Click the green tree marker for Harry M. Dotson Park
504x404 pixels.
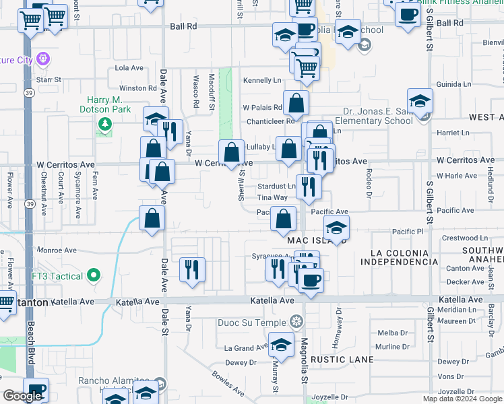click(x=104, y=124)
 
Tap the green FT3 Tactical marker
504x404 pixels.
click(x=94, y=276)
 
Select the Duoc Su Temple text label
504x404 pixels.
click(x=252, y=323)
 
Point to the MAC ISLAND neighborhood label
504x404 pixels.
click(x=316, y=240)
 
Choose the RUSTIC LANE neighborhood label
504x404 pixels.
click(x=342, y=360)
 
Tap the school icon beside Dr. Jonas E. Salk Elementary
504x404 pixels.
click(x=420, y=102)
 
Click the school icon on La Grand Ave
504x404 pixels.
click(x=281, y=347)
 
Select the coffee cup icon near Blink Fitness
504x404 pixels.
click(x=407, y=13)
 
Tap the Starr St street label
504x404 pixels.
click(x=49, y=79)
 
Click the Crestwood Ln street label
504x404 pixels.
click(x=465, y=238)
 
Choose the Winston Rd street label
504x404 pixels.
click(x=137, y=88)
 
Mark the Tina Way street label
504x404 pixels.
click(x=272, y=198)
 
